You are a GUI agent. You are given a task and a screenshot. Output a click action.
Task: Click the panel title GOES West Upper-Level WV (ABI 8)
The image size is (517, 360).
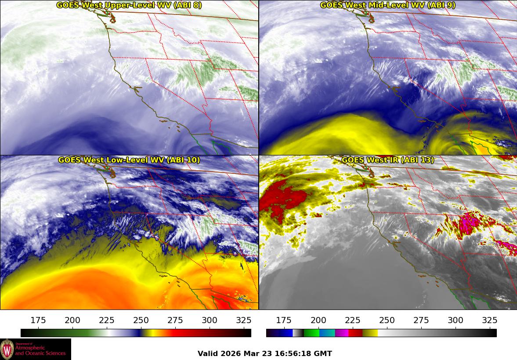pos(129,5)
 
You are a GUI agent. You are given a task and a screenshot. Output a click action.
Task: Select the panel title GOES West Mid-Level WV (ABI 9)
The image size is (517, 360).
pos(387,5)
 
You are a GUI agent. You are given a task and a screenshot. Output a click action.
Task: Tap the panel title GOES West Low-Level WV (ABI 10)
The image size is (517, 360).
pos(129,160)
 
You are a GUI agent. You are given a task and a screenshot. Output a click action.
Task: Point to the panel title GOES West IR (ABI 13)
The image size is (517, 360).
pos(387,160)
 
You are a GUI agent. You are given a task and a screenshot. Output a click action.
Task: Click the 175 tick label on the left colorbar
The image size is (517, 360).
pos(38,320)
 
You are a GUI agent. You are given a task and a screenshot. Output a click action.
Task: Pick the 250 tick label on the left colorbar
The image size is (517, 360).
pos(141,320)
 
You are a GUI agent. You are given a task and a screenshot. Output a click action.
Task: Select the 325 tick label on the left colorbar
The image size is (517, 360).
pos(244,320)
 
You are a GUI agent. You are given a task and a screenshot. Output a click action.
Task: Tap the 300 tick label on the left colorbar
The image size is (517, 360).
pos(210,320)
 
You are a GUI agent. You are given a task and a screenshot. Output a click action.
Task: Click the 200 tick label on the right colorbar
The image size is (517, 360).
pos(318,320)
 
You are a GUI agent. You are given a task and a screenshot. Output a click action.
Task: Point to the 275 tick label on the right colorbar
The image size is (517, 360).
pos(421,320)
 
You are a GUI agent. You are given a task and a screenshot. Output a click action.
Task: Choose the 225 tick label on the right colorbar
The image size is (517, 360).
pos(352,320)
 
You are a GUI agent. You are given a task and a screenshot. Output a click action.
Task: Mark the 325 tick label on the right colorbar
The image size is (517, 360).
pos(489,320)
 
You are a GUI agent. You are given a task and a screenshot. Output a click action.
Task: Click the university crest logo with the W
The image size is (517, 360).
pos(7,349)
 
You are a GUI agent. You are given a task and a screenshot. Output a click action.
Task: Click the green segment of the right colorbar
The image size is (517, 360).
pos(311,333)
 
